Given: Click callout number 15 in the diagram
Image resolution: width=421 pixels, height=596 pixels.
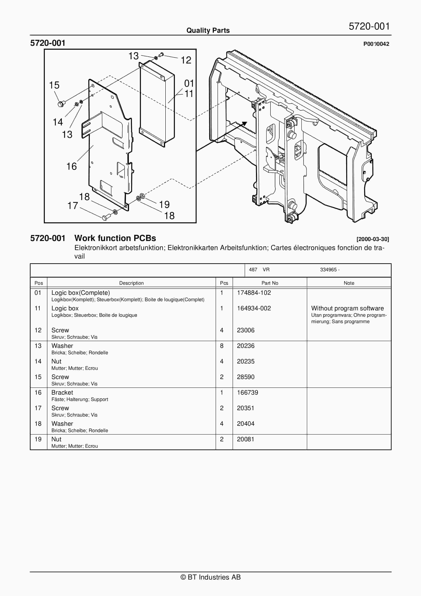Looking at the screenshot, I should tap(54, 85).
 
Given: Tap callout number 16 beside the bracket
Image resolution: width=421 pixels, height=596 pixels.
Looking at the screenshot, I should tap(71, 166).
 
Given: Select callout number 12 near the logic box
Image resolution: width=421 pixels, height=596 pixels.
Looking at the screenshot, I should tap(186, 60).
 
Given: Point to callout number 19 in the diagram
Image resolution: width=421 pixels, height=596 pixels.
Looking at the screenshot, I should tap(164, 205).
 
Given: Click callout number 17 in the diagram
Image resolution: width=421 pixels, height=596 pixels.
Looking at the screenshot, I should tap(73, 206).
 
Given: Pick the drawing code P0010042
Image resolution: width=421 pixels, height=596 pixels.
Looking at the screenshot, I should tap(376, 44).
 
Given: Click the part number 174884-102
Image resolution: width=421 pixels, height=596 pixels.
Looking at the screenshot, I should tap(254, 293).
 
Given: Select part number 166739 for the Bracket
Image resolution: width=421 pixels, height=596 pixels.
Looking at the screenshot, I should tap(247, 392).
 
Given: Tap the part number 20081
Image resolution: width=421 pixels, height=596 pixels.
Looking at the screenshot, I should tap(245, 439).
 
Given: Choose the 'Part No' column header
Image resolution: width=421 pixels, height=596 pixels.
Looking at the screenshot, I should tap(270, 283).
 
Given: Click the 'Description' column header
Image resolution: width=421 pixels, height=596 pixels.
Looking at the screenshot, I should tap(131, 283).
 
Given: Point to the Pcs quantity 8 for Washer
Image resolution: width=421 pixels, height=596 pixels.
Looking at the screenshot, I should tap(222, 346).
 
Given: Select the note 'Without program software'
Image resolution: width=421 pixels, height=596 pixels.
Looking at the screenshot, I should tap(347, 308).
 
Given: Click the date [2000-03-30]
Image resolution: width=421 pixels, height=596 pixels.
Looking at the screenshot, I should tap(373, 239).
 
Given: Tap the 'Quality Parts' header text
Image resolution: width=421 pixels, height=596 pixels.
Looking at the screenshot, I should tap(208, 31).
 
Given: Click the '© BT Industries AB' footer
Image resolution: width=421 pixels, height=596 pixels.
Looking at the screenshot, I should tap(210, 577).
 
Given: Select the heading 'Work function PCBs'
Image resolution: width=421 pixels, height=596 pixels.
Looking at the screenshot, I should tap(115, 238).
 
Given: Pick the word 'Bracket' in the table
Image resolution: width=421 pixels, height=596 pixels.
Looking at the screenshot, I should tap(62, 392).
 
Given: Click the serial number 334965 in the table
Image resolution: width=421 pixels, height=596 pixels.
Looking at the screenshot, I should tap(328, 270).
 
